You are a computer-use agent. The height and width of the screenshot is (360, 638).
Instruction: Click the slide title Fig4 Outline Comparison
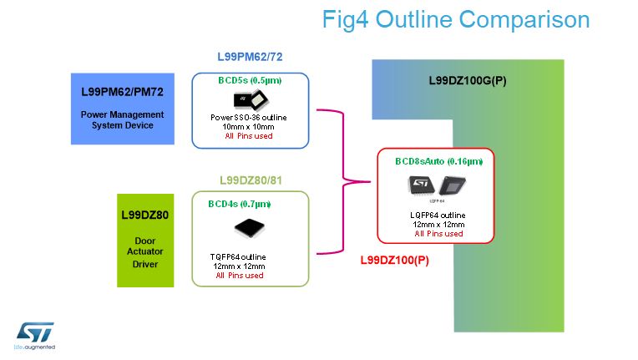coord(455,20)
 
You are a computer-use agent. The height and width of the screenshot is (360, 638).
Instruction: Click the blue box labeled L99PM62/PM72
coord(122,108)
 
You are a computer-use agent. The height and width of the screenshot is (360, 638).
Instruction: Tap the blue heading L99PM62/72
coord(251,58)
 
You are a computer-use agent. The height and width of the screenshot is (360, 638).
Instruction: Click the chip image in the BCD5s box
coord(249,100)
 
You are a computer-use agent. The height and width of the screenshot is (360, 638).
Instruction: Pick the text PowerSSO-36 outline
coord(249,117)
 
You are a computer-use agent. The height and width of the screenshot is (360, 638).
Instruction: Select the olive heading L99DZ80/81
coord(251,180)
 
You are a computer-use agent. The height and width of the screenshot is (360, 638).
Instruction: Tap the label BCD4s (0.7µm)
coord(240,204)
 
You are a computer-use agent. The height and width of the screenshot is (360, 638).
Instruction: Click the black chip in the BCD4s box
coord(249,226)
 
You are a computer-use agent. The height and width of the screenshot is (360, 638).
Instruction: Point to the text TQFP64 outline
coord(240,256)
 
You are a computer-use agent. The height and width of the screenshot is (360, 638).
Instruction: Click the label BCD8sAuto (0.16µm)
coord(438,160)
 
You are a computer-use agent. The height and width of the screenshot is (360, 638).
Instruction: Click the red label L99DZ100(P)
coord(393,261)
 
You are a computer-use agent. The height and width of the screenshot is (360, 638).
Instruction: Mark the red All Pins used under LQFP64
coord(438,234)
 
